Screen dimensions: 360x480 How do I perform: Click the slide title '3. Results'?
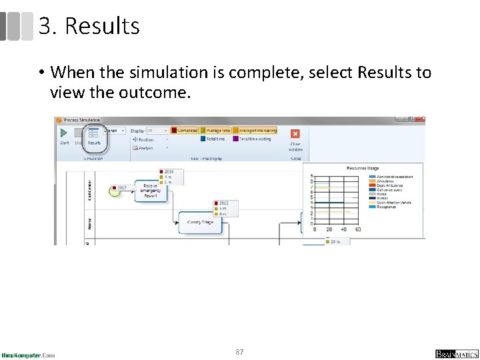coord(89,26)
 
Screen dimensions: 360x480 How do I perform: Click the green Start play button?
coord(65,133)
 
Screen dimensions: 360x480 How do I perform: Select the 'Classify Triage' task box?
coord(200,222)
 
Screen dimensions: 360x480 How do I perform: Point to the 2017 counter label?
coord(121,188)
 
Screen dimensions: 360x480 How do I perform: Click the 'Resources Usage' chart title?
coord(363,168)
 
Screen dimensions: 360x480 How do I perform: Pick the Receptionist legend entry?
coord(387,207)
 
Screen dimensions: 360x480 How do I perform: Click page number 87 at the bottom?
coord(239,351)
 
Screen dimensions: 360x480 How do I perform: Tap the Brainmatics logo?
coord(456,354)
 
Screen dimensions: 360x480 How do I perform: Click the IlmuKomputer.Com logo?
coord(28,354)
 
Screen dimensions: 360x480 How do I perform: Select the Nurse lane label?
coord(89,223)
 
